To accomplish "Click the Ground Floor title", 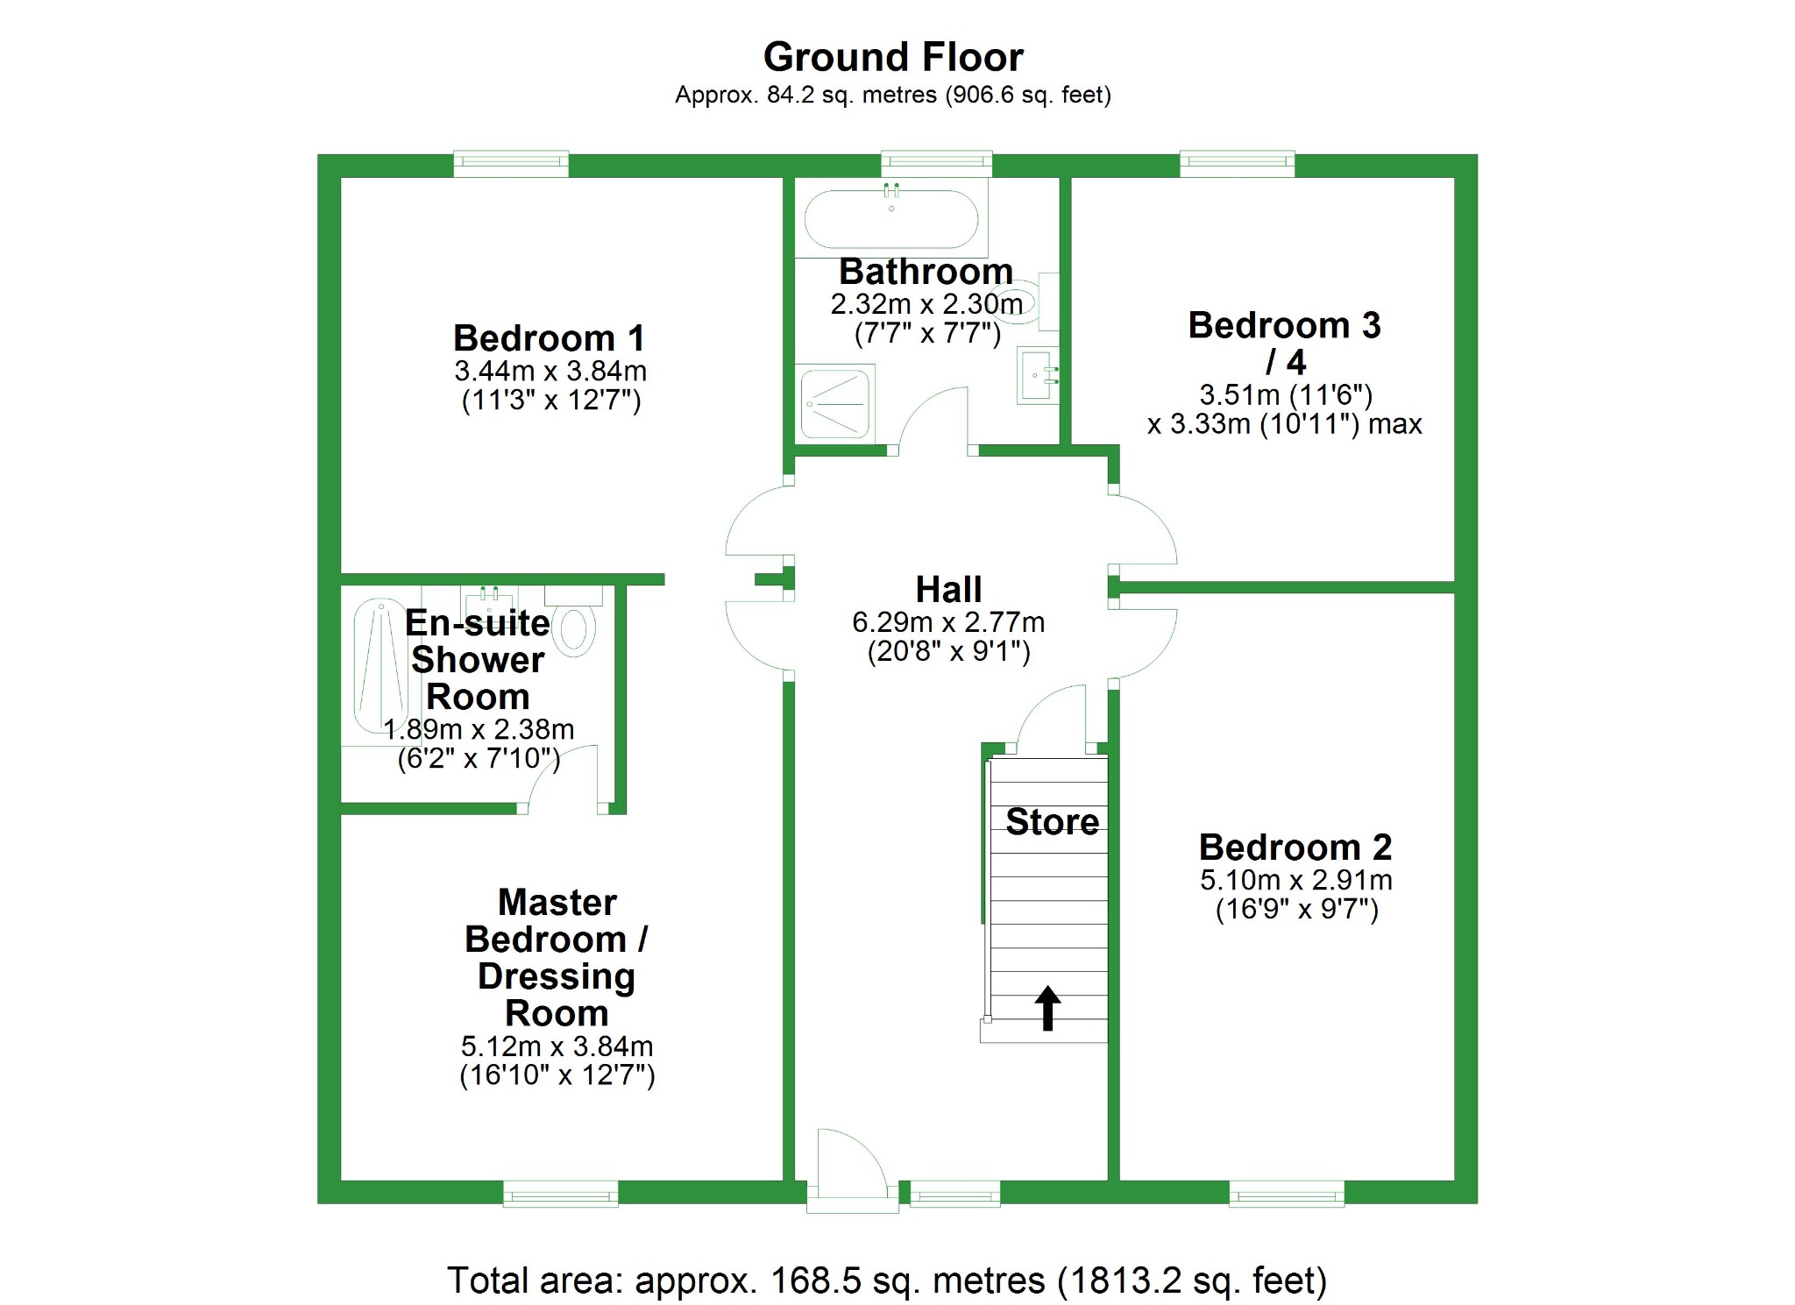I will (892, 58).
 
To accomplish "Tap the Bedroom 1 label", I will (549, 338).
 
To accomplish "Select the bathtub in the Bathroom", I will (890, 219).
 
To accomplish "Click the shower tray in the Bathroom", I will (834, 403).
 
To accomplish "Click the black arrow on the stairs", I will (1047, 1007).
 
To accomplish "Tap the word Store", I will (1052, 822).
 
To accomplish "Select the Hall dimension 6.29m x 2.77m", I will (948, 622).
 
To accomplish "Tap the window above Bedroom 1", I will (511, 163).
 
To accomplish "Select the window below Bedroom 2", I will (1286, 1194).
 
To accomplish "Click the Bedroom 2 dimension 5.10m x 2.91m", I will (1295, 880).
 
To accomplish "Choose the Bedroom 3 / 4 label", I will (1284, 343).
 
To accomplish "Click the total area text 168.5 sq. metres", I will (885, 1280).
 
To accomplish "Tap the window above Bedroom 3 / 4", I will (1237, 163).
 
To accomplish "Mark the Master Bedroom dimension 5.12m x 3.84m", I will (557, 1046).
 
